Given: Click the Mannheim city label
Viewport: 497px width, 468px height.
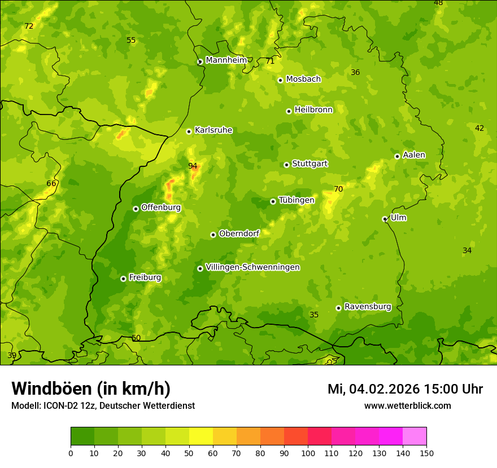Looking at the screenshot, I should coord(226,60).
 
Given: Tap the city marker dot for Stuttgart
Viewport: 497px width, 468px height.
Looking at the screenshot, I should coord(287,165).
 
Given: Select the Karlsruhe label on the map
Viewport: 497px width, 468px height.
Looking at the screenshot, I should coord(213,130).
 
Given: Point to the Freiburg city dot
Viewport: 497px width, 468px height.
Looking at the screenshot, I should coord(123,279).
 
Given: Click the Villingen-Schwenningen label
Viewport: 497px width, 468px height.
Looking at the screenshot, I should coord(252,267).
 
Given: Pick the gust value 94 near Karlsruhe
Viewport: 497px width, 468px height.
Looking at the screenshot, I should coord(193,166).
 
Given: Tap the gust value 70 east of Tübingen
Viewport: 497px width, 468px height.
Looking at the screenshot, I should coord(338,189).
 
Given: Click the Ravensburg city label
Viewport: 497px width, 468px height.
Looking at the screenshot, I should coord(367,307).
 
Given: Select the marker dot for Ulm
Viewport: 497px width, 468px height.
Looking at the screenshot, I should coord(385,219).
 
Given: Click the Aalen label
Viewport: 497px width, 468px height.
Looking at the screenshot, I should coord(414,155).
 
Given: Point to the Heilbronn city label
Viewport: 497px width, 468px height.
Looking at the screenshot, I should coord(313,110).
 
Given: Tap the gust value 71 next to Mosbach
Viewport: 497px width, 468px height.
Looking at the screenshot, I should coord(270,61).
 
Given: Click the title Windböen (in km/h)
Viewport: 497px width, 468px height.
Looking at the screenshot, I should coord(91,388).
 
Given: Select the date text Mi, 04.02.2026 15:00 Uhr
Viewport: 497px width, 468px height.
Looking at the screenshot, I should coord(405,389).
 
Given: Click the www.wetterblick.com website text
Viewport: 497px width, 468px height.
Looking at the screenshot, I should coord(407,405).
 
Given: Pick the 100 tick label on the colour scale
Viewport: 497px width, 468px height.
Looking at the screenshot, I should coord(308,453).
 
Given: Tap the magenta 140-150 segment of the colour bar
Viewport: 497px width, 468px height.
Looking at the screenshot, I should coord(415,436).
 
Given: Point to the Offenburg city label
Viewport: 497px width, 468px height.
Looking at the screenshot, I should coord(161,207).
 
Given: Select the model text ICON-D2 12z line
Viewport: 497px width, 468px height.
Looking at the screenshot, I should coord(103,405).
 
